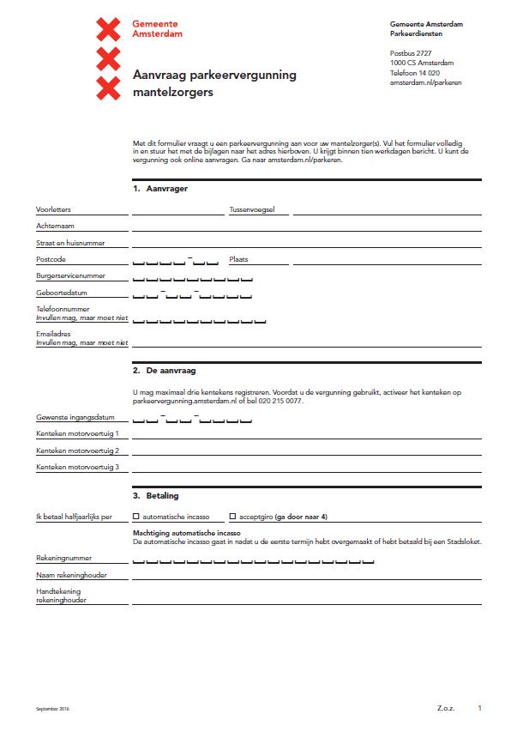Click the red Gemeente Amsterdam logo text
(x=157, y=30)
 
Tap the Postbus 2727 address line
(x=412, y=53)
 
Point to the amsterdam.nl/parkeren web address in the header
(x=425, y=83)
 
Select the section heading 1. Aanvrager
(x=160, y=188)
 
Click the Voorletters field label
(x=53, y=209)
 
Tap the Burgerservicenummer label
(x=70, y=275)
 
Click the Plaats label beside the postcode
(x=238, y=258)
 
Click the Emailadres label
(x=53, y=333)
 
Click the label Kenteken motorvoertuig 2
(x=77, y=451)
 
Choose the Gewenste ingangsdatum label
(x=75, y=418)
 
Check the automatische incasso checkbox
(x=136, y=517)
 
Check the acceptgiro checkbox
(x=232, y=517)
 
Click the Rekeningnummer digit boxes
(x=253, y=561)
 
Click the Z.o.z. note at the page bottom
(x=445, y=708)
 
